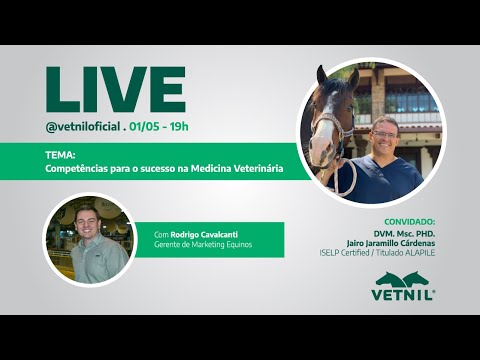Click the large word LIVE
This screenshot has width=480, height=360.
tap(115, 90)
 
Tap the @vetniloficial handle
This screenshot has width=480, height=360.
tap(83, 127)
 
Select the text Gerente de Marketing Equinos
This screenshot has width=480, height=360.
tap(202, 245)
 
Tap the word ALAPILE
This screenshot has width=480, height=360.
tap(418, 252)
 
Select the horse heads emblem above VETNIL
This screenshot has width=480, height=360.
tap(404, 278)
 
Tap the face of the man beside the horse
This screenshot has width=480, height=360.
tap(384, 135)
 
